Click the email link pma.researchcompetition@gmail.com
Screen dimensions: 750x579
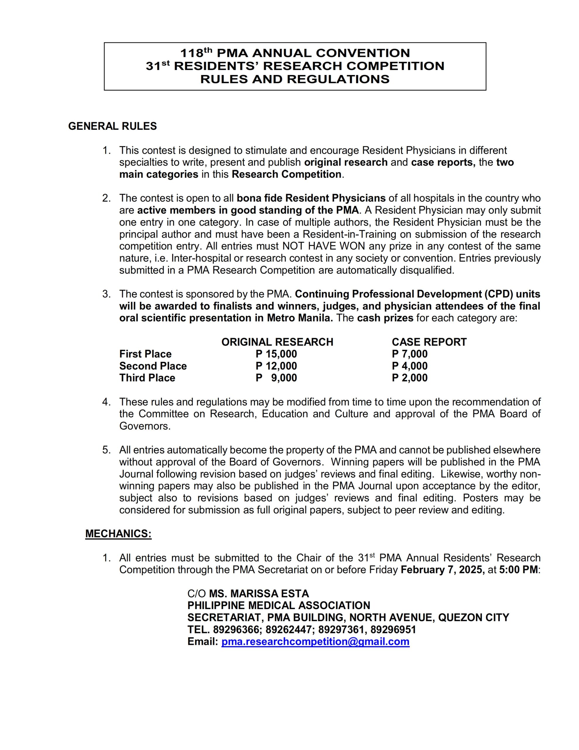pos(315,642)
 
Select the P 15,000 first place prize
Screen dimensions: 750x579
pos(276,354)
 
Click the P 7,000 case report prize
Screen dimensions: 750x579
pos(410,354)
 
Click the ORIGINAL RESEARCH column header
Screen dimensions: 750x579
pos(277,342)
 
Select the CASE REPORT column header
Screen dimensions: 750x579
pos(429,342)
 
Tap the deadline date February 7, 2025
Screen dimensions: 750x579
pos(442,570)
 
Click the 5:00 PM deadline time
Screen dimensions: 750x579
pos(518,570)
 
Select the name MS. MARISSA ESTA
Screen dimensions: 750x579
pos(259,593)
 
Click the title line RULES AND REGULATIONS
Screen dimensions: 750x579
pos(295,79)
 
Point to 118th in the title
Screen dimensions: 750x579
pos(196,53)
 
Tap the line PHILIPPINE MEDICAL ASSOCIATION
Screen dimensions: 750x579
pos(279,606)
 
